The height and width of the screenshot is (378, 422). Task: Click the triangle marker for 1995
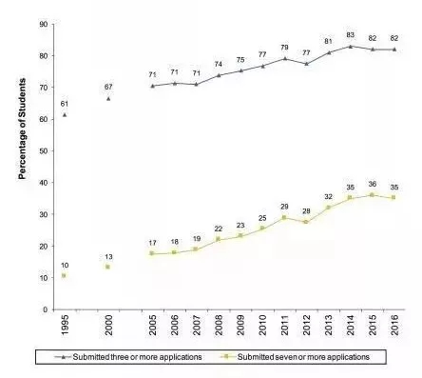[65, 114]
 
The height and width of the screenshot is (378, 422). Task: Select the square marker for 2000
[107, 267]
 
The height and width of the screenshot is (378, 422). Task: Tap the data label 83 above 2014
[350, 35]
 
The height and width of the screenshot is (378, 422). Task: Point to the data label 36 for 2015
[373, 184]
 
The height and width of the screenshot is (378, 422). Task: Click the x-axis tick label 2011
[284, 325]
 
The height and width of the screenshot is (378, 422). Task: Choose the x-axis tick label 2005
[153, 325]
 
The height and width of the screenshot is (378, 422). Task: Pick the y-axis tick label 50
[44, 151]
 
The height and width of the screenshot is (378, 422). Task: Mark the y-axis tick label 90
[44, 24]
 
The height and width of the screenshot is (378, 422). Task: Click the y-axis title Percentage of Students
[22, 129]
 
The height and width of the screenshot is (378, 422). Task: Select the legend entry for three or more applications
[127, 357]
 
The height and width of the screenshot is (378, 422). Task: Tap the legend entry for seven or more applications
[295, 357]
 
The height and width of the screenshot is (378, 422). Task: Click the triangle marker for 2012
[306, 64]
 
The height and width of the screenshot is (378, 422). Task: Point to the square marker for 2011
[284, 217]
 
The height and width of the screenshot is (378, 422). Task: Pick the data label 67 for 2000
[108, 87]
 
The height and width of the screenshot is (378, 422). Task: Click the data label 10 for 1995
[65, 266]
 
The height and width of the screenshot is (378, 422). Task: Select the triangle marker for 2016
[394, 50]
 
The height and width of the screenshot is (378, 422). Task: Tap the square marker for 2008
[218, 239]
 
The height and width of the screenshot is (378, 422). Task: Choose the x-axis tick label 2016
[394, 325]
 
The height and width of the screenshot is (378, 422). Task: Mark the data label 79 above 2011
[284, 48]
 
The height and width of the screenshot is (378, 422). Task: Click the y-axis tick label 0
[46, 309]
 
